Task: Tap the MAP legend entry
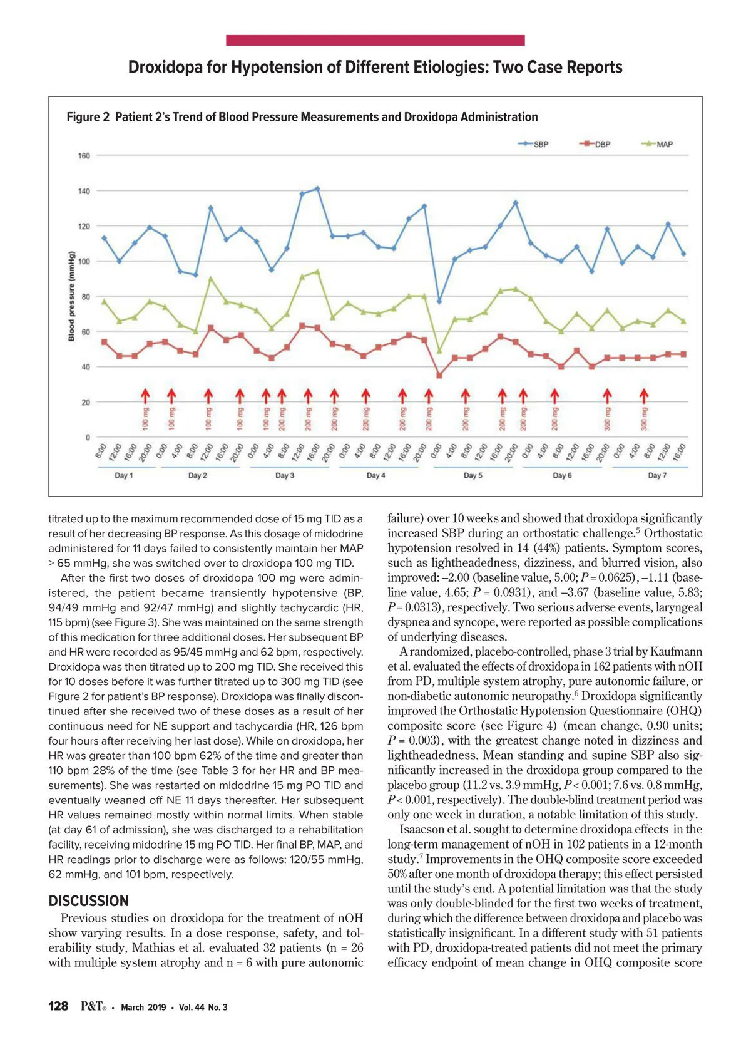click(657, 144)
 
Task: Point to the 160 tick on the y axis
click(84, 156)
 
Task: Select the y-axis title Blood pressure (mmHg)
click(71, 296)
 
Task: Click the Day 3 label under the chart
click(285, 475)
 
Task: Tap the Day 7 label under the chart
click(657, 475)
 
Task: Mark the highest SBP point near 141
click(317, 188)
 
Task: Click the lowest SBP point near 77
click(439, 301)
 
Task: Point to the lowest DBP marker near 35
click(439, 376)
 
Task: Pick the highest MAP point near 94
click(317, 272)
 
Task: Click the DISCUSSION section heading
click(88, 901)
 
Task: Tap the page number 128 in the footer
click(58, 1006)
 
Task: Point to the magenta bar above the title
click(375, 41)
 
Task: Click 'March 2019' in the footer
click(143, 1007)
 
